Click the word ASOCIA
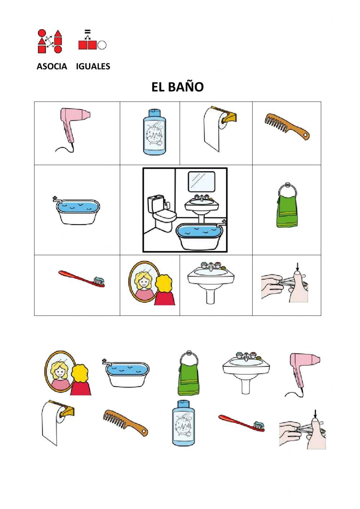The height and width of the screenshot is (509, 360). tap(52, 66)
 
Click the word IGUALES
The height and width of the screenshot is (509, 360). tap(93, 66)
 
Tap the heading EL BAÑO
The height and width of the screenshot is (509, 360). tap(177, 87)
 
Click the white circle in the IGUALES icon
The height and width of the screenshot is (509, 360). tap(102, 45)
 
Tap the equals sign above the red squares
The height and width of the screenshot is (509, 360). tap(87, 31)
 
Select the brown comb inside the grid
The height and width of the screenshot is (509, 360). tap(287, 126)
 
